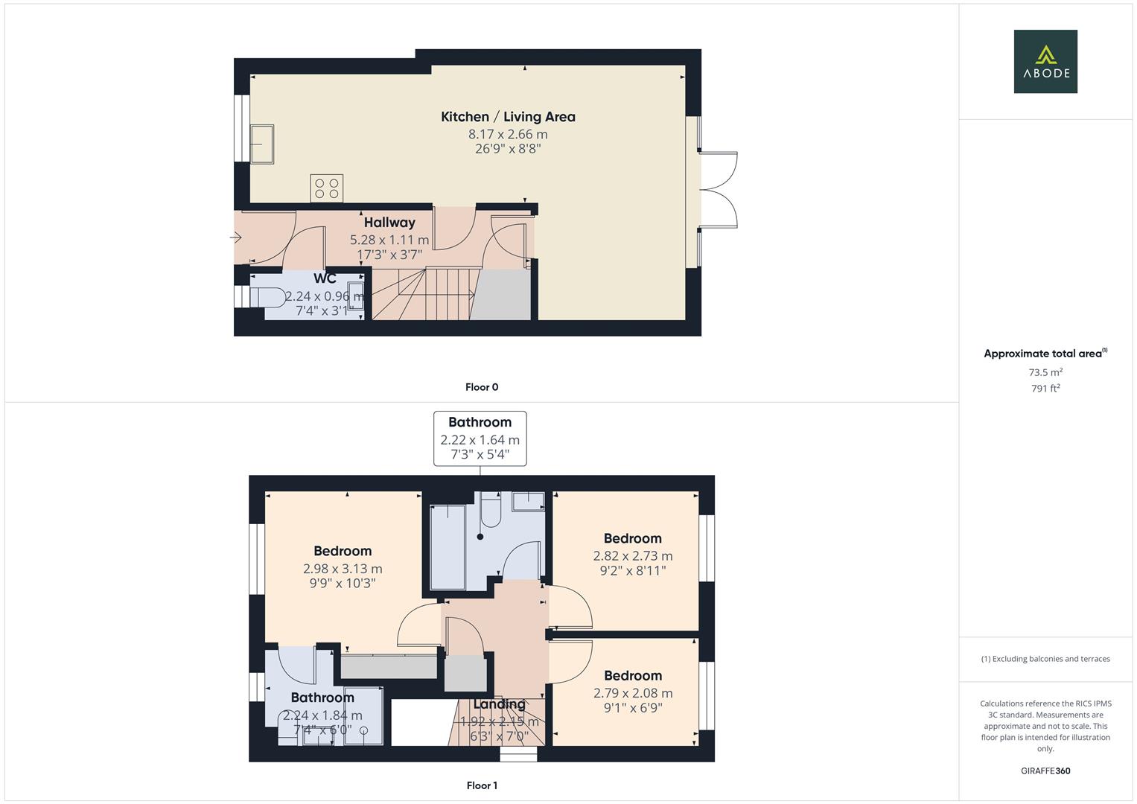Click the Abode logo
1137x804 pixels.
point(1045,61)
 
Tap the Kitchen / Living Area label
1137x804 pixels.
point(508,117)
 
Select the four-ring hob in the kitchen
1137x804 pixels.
point(327,188)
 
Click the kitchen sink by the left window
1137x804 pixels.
point(262,143)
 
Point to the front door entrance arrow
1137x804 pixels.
point(236,238)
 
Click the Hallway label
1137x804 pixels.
point(389,223)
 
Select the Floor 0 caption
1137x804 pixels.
point(482,387)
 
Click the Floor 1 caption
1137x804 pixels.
point(482,785)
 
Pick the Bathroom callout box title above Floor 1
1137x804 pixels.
point(480,422)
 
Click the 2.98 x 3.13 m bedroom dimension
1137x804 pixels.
point(343,569)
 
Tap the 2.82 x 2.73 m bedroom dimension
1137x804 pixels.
point(633,556)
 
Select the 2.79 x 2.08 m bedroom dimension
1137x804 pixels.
point(633,693)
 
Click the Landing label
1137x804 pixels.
point(500,704)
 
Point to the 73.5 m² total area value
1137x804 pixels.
point(1045,372)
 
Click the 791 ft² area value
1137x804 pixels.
point(1045,389)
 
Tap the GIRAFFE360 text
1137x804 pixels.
point(1045,771)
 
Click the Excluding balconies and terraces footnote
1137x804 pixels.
point(1045,659)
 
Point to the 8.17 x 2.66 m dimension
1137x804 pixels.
point(508,135)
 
